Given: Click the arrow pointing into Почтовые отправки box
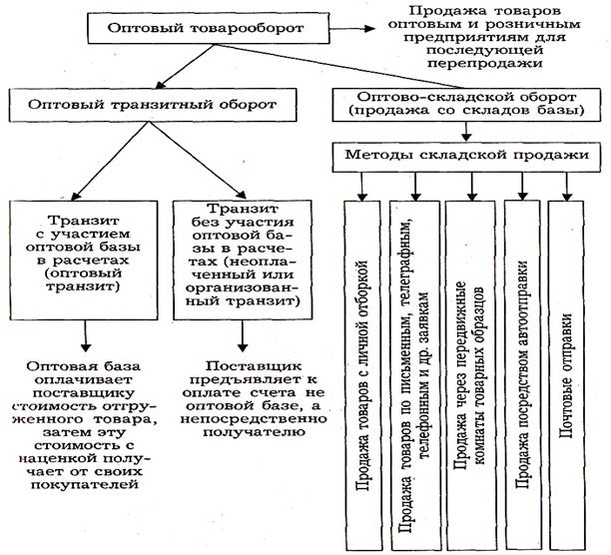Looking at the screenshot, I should tap(569, 185).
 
